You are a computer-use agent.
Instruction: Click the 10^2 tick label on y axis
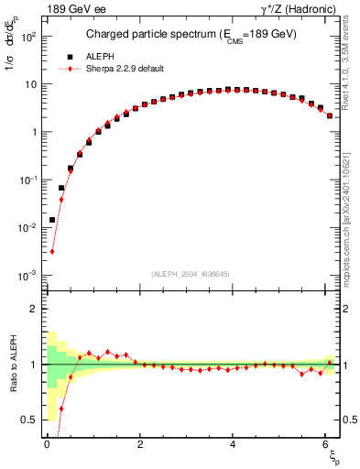coord(30,37)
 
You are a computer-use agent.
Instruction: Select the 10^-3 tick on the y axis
coord(30,275)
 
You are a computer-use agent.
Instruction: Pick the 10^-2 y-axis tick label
coord(30,227)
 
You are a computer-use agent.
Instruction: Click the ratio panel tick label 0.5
coord(29,420)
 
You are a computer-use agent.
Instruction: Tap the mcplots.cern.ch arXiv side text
coord(351,211)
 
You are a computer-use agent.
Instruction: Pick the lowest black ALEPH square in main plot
coord(52,220)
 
